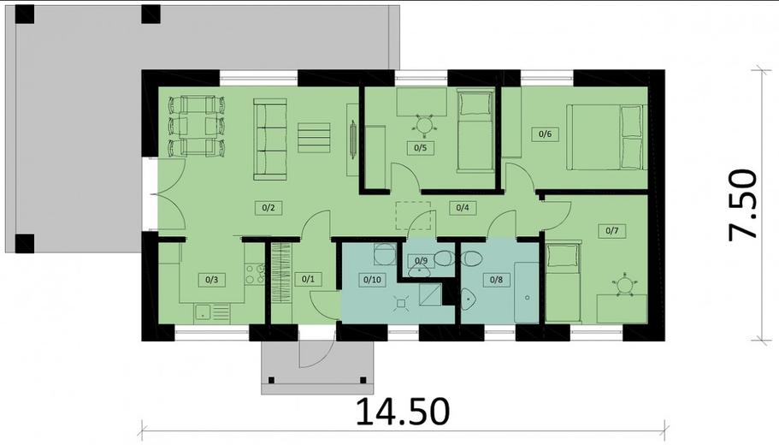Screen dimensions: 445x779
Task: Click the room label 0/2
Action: (267, 207)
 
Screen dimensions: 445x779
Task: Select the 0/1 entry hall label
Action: (308, 278)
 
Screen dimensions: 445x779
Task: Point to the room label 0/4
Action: (462, 207)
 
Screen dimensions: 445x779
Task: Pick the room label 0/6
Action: (543, 133)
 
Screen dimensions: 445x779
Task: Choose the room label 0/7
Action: (612, 230)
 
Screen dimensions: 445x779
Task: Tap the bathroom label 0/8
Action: (495, 279)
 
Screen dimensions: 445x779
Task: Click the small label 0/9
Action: (421, 260)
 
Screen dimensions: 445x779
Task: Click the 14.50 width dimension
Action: (402, 412)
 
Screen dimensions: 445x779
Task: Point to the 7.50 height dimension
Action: (743, 205)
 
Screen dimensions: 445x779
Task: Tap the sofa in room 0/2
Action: (270, 139)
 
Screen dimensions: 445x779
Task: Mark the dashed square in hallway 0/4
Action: (410, 215)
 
